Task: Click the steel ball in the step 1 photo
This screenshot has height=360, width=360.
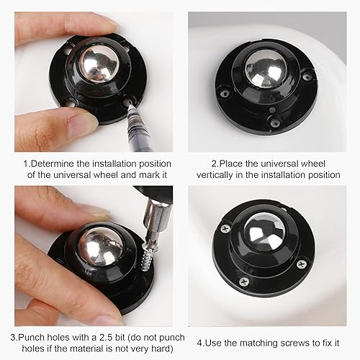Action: coord(99,65)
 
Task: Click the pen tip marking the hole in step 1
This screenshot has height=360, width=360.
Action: coord(130,105)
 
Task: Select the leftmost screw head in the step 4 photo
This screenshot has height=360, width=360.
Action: coord(225,228)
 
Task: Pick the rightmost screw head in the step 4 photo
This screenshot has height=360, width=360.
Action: coord(302,264)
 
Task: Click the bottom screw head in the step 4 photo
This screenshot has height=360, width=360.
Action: coord(244,281)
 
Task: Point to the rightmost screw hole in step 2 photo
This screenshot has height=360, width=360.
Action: coord(307,77)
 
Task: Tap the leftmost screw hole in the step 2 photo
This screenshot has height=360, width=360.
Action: coord(225,93)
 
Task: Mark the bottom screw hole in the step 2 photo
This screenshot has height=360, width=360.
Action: coord(275,122)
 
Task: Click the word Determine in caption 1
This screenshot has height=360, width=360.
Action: coord(52,163)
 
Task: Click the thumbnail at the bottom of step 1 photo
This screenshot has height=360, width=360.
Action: coord(84,119)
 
